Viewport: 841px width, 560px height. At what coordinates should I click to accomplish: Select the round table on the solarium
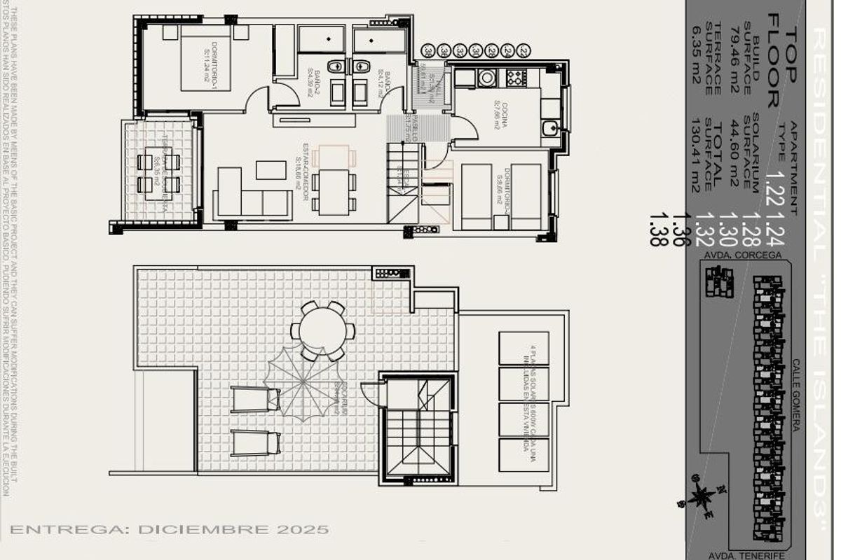pyautogui.click(x=323, y=330)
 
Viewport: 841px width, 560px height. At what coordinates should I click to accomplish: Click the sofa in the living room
pyautogui.click(x=252, y=196)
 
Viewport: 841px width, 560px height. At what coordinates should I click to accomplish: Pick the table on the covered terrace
pyautogui.click(x=158, y=173)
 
